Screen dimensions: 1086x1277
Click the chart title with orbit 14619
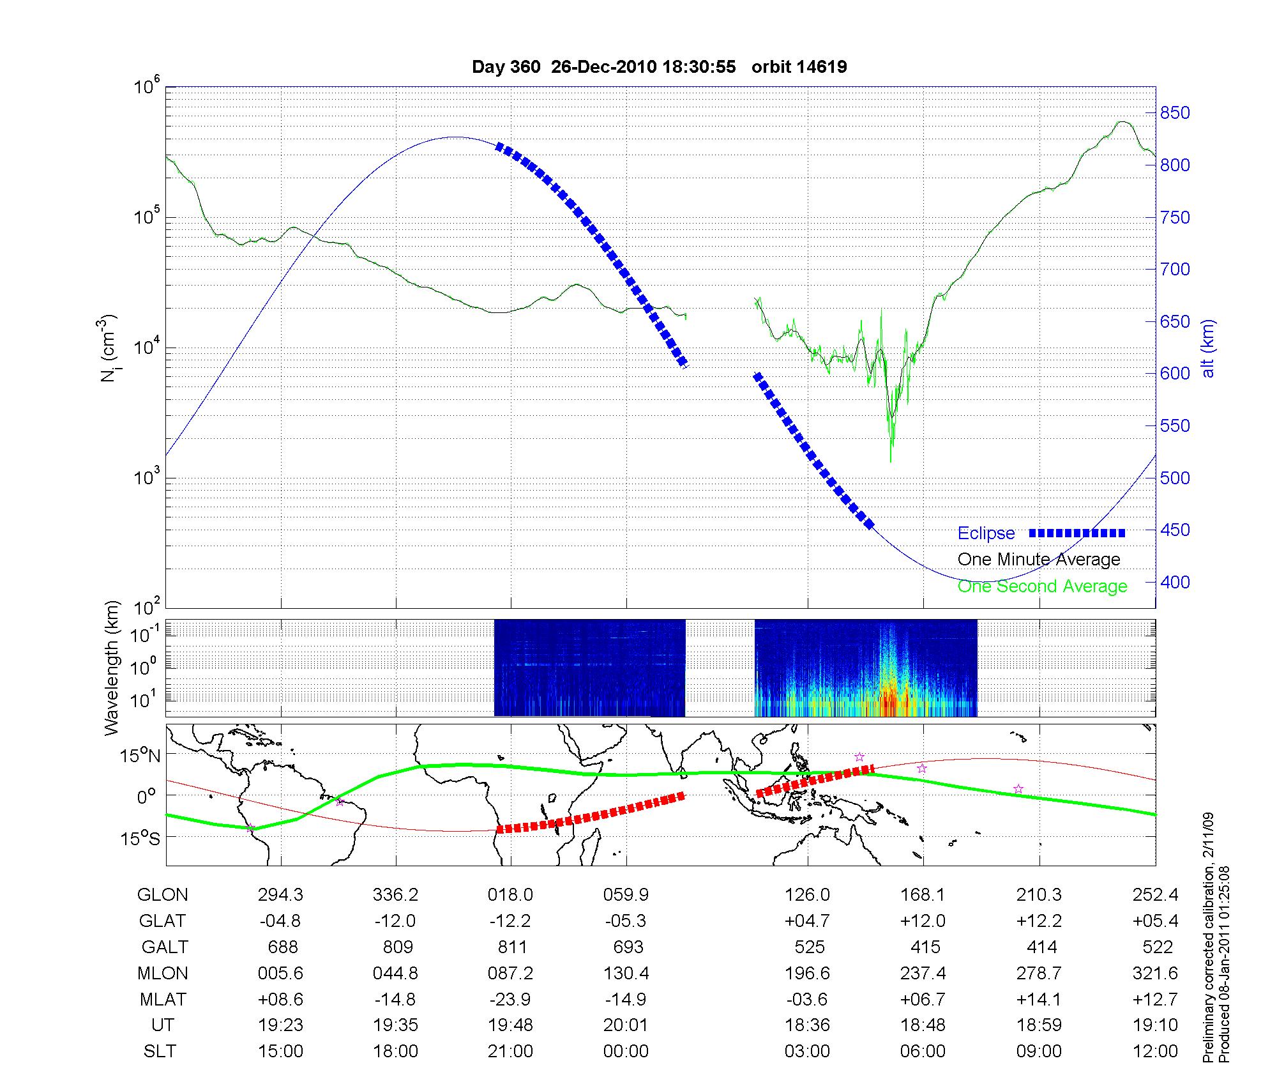click(x=659, y=67)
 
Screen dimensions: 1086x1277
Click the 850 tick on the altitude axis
click(x=1175, y=113)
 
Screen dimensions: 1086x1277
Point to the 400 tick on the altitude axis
click(x=1175, y=582)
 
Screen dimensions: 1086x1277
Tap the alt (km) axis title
click(x=1208, y=348)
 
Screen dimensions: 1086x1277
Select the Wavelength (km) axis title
click(x=112, y=668)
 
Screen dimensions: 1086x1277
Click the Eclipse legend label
click(x=986, y=533)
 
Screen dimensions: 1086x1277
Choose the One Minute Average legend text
click(x=1039, y=560)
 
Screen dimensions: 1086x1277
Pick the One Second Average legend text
click(x=1042, y=586)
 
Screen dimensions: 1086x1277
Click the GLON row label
click(x=163, y=894)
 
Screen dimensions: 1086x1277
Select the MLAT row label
click(x=163, y=999)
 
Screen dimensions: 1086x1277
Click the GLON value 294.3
click(x=280, y=894)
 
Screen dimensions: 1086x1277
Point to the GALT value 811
click(x=511, y=947)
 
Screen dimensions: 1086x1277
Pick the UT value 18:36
click(x=808, y=1025)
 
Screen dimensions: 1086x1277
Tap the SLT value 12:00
click(x=1156, y=1052)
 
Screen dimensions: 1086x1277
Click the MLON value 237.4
click(x=923, y=973)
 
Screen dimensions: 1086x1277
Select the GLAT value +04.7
click(x=808, y=921)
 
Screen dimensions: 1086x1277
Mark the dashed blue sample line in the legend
click(x=1077, y=533)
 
